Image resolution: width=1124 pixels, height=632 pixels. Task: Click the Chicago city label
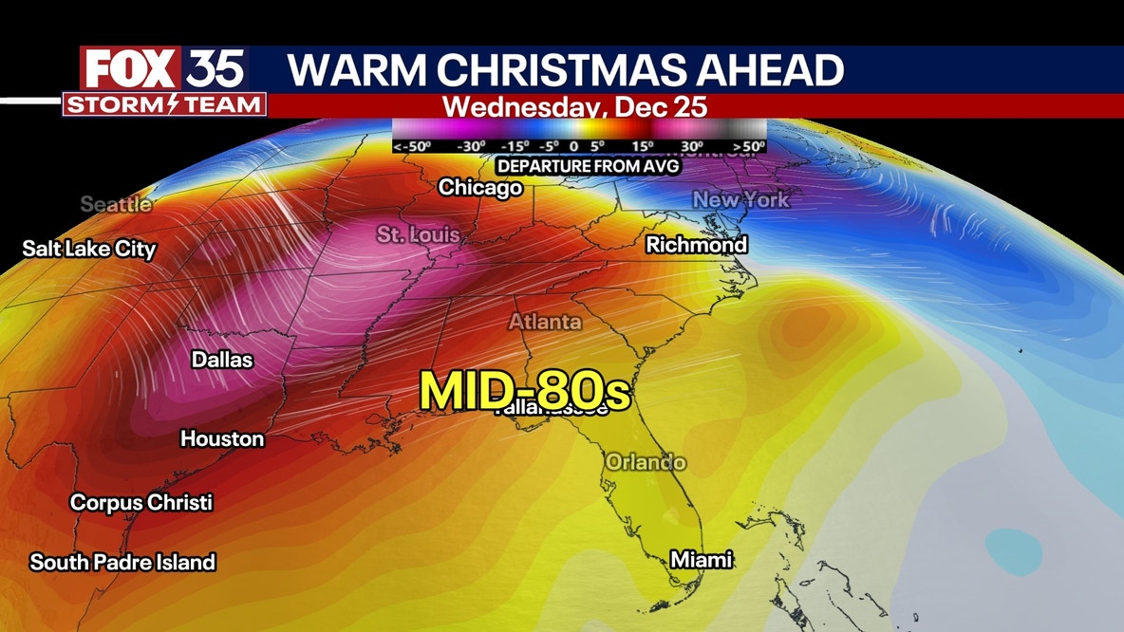pos(480,188)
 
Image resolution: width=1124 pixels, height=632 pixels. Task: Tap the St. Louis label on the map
pos(418,234)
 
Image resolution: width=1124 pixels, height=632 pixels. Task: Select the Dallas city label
pos(222,360)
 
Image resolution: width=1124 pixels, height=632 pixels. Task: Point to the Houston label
pos(222,438)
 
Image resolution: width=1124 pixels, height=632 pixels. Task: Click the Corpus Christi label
pos(141,502)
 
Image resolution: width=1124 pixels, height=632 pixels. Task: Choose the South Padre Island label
pos(122,562)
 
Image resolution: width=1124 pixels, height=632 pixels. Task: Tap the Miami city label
pos(702,560)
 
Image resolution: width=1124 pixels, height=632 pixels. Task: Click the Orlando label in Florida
pos(646,463)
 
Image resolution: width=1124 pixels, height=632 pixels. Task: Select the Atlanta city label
pos(545,323)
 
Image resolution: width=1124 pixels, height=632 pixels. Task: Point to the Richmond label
pos(696,245)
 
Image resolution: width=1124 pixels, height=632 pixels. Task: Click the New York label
pos(740,200)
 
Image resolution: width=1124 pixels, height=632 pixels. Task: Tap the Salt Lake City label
pos(89,250)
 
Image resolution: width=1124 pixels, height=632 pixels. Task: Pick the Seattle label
pos(116,204)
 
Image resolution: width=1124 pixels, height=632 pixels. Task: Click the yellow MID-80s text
pos(525,389)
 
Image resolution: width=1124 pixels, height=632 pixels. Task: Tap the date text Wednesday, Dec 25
pos(575,105)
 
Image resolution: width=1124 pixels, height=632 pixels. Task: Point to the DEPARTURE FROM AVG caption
pos(578,166)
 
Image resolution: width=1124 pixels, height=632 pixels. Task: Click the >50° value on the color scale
pos(748,147)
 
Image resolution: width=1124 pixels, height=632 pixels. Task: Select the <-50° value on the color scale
pos(411,147)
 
